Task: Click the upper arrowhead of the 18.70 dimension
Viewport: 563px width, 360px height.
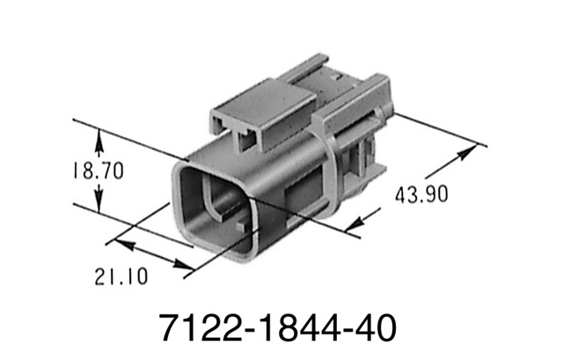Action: [x=100, y=137]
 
